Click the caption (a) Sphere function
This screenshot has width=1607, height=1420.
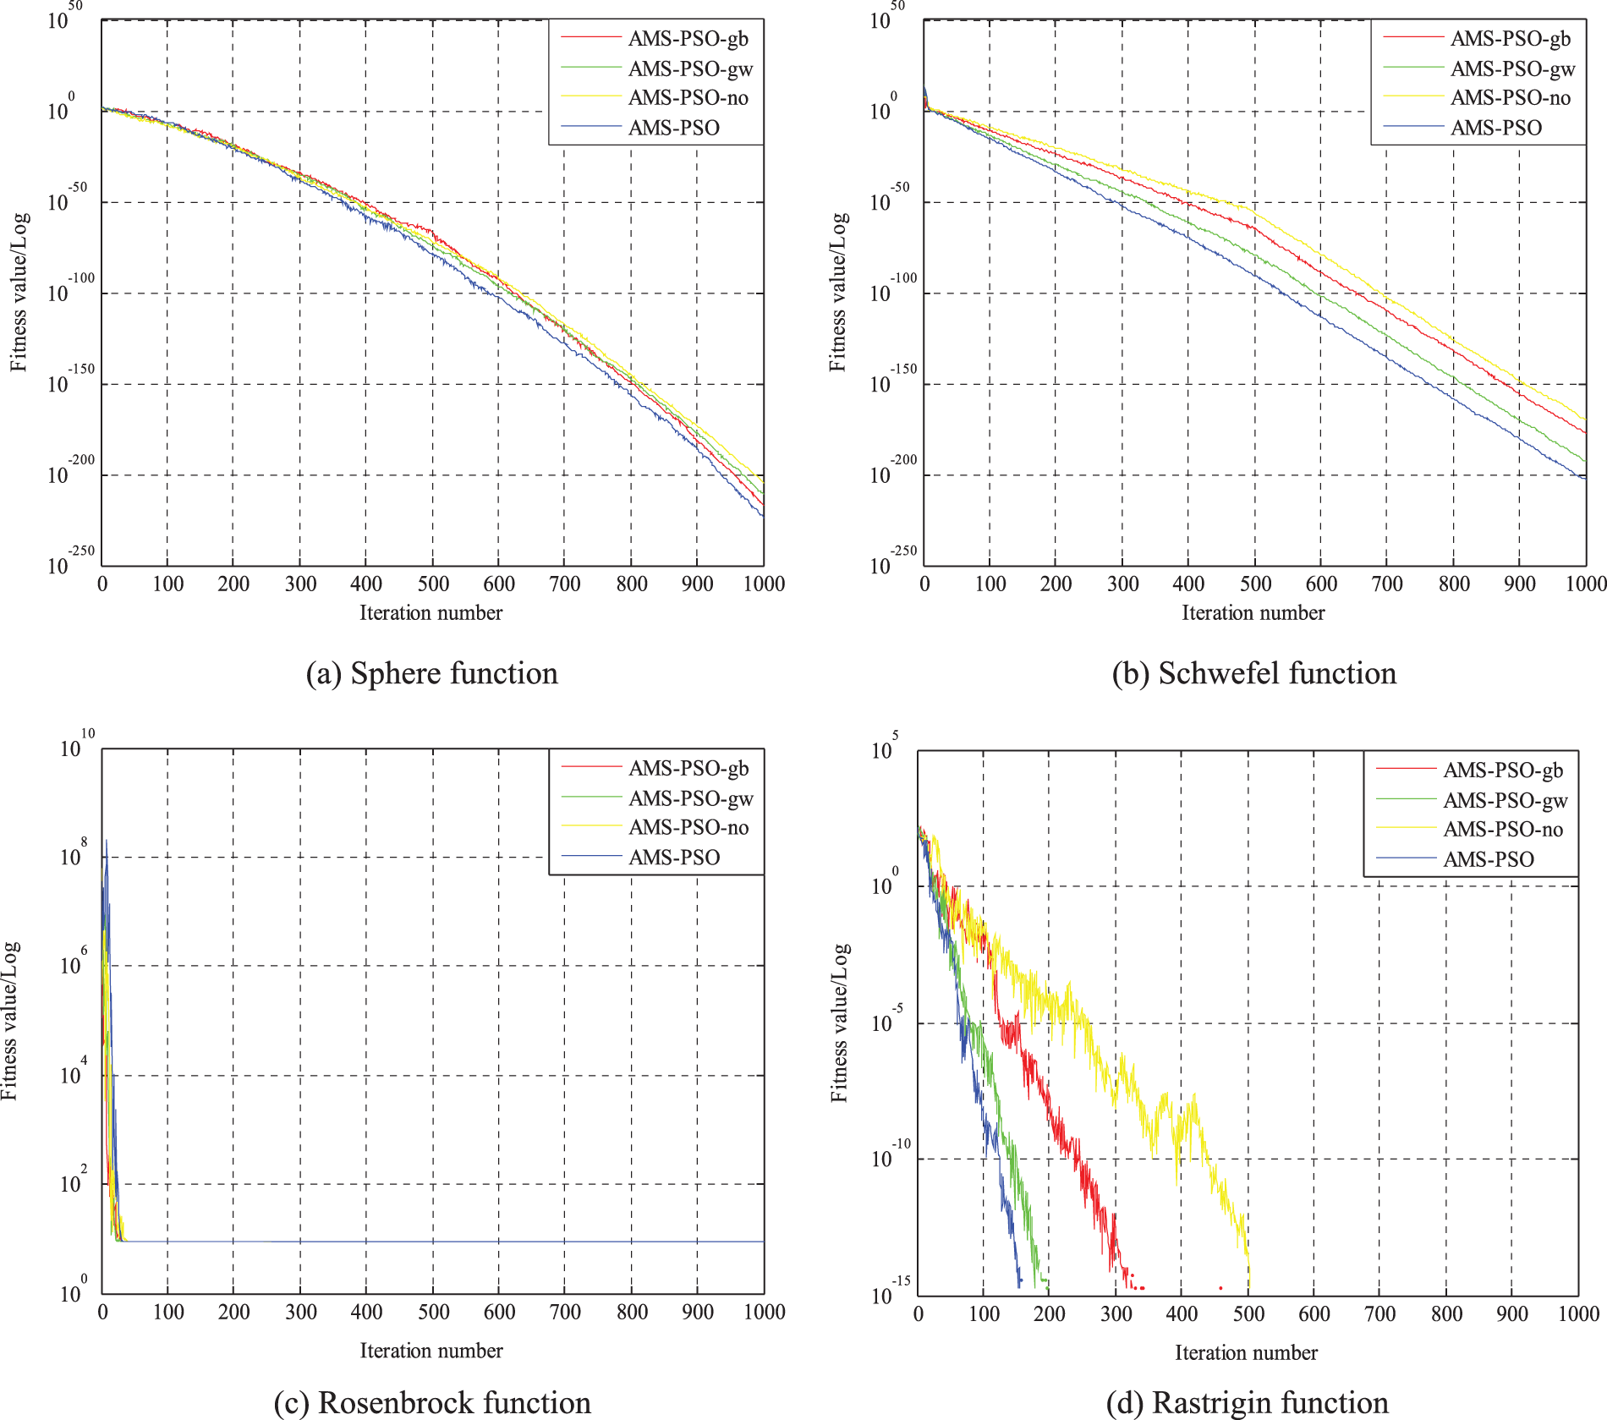click(431, 673)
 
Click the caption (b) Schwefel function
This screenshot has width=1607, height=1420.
click(1253, 673)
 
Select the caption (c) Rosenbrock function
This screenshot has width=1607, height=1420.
click(431, 1402)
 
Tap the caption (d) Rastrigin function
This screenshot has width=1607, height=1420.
click(1247, 1402)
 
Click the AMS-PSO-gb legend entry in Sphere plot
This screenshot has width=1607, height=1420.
click(688, 39)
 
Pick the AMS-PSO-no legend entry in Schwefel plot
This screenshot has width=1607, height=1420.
click(1510, 98)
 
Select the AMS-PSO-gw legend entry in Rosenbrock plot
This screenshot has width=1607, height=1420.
click(690, 798)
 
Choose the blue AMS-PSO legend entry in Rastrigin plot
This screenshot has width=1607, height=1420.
click(1488, 859)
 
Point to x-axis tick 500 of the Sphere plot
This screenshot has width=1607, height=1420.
click(433, 584)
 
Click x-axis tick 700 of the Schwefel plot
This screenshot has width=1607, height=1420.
click(1387, 584)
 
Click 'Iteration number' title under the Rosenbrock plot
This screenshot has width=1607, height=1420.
click(431, 1351)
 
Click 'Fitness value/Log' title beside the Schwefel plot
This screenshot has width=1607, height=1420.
click(837, 292)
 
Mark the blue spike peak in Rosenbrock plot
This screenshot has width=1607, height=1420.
click(107, 841)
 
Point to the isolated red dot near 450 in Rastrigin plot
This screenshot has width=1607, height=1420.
click(1220, 1288)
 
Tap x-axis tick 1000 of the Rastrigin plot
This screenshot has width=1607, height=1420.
click(1578, 1313)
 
